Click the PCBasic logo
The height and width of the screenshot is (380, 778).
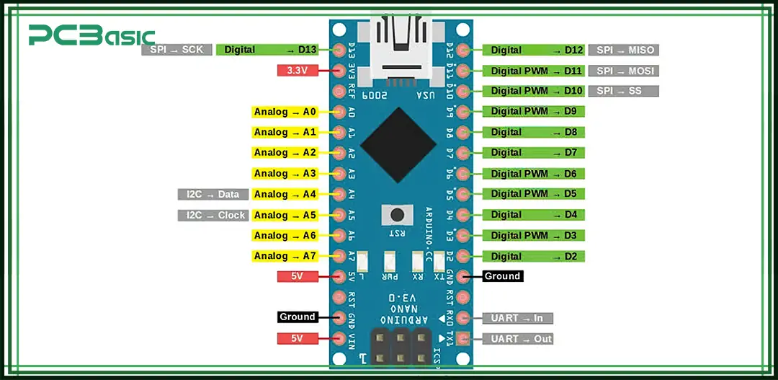click(91, 35)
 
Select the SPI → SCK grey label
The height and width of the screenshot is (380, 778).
click(176, 50)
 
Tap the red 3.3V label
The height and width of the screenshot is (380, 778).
click(298, 71)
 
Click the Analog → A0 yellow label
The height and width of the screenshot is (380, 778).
click(285, 112)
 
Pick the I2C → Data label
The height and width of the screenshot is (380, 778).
click(213, 194)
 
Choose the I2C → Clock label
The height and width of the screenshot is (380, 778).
click(213, 215)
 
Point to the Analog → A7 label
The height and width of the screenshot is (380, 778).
click(285, 256)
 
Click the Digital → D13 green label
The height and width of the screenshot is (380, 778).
click(267, 50)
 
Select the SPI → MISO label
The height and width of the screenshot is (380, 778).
click(623, 50)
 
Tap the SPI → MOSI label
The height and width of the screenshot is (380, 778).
click(623, 71)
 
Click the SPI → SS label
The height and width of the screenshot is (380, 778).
click(623, 91)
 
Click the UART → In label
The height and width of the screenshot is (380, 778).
click(517, 318)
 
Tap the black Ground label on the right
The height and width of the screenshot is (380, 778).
click(502, 276)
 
